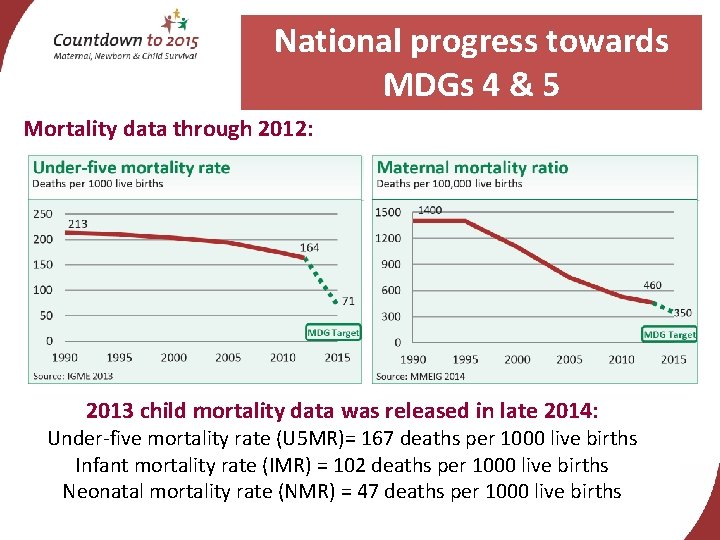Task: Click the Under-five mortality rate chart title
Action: (131, 167)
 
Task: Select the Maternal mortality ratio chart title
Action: (472, 167)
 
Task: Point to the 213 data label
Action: (77, 223)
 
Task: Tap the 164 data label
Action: (310, 247)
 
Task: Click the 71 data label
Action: (348, 300)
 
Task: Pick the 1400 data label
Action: (430, 210)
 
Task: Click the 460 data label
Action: (652, 285)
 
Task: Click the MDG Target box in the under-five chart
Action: (332, 332)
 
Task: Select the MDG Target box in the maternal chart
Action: (668, 335)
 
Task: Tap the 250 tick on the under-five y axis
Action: (43, 213)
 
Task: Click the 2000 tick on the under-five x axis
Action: (174, 358)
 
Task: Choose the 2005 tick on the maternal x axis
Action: (569, 359)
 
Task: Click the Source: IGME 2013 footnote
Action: (73, 375)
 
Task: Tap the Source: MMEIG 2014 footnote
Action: (421, 376)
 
